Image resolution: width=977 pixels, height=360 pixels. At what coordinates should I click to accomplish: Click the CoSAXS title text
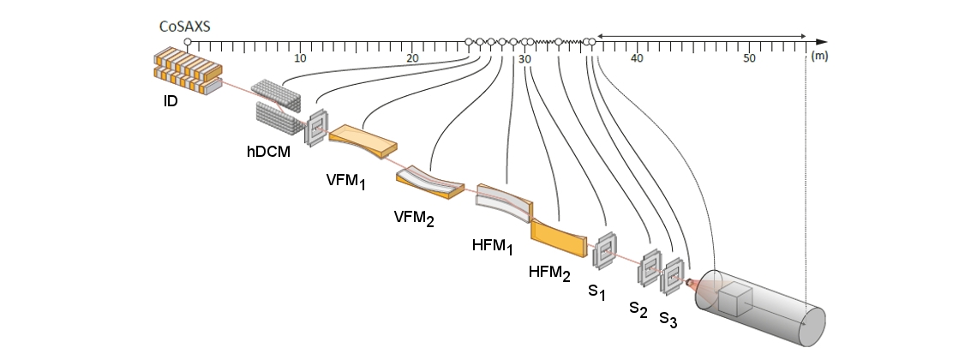[185, 26]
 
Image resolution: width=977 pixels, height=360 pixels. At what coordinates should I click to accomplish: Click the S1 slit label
[596, 293]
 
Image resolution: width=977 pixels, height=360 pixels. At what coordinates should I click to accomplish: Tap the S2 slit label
[638, 308]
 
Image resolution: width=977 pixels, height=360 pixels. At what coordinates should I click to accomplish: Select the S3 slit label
[668, 321]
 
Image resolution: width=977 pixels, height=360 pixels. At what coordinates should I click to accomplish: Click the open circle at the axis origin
[188, 41]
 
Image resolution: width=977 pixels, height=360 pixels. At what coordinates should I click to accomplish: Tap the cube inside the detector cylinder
[734, 302]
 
